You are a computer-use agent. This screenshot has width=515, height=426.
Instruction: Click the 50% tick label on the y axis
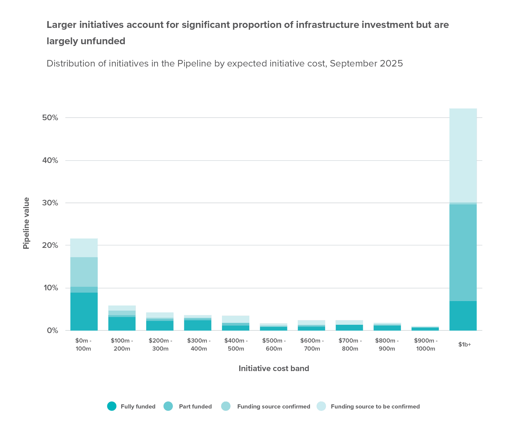coord(50,118)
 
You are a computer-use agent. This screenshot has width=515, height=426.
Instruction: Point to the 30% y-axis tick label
coord(50,203)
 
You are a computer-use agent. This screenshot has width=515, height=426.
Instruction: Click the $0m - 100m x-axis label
coord(84,345)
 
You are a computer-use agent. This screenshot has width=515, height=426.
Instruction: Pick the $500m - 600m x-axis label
coord(274,345)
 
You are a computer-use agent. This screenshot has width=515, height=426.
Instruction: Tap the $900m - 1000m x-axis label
coord(425,345)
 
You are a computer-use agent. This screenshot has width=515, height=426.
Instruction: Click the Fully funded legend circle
coord(112,406)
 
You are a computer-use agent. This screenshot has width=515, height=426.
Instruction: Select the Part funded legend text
coord(195,406)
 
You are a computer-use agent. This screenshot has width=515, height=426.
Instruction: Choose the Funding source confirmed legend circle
coord(226,406)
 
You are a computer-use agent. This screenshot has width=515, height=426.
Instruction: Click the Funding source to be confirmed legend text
coord(375,406)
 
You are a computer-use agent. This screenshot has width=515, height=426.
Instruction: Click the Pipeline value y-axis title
coord(26,223)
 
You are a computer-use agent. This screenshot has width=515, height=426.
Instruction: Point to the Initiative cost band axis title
coord(274,368)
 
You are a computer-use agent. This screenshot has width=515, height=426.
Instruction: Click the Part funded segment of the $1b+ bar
coord(463,252)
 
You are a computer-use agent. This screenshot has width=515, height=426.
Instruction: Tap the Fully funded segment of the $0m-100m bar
coord(84,311)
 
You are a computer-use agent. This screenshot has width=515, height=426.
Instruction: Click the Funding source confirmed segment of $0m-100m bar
coord(84,272)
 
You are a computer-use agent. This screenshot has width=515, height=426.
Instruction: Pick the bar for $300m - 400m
coord(198,323)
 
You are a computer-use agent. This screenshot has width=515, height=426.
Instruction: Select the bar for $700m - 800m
coord(349,326)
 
